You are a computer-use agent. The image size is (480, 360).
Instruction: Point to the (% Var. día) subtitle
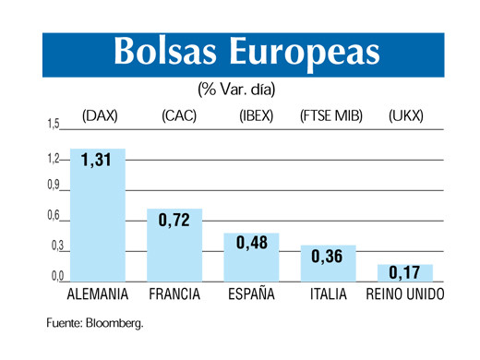click(236, 90)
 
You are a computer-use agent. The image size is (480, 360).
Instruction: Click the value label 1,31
click(95, 160)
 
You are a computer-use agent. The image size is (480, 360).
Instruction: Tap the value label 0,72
click(174, 222)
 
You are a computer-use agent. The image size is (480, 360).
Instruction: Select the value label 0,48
click(251, 243)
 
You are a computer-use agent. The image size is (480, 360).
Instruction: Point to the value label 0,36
click(328, 256)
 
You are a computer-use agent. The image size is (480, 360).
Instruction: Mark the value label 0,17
click(404, 272)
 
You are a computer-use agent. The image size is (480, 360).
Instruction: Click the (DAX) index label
click(98, 116)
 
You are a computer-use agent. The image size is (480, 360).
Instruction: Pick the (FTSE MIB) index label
click(331, 116)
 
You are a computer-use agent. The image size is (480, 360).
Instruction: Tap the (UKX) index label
click(405, 116)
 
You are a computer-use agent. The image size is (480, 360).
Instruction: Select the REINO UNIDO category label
click(404, 295)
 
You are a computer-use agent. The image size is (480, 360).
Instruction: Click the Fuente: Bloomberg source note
click(95, 324)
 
